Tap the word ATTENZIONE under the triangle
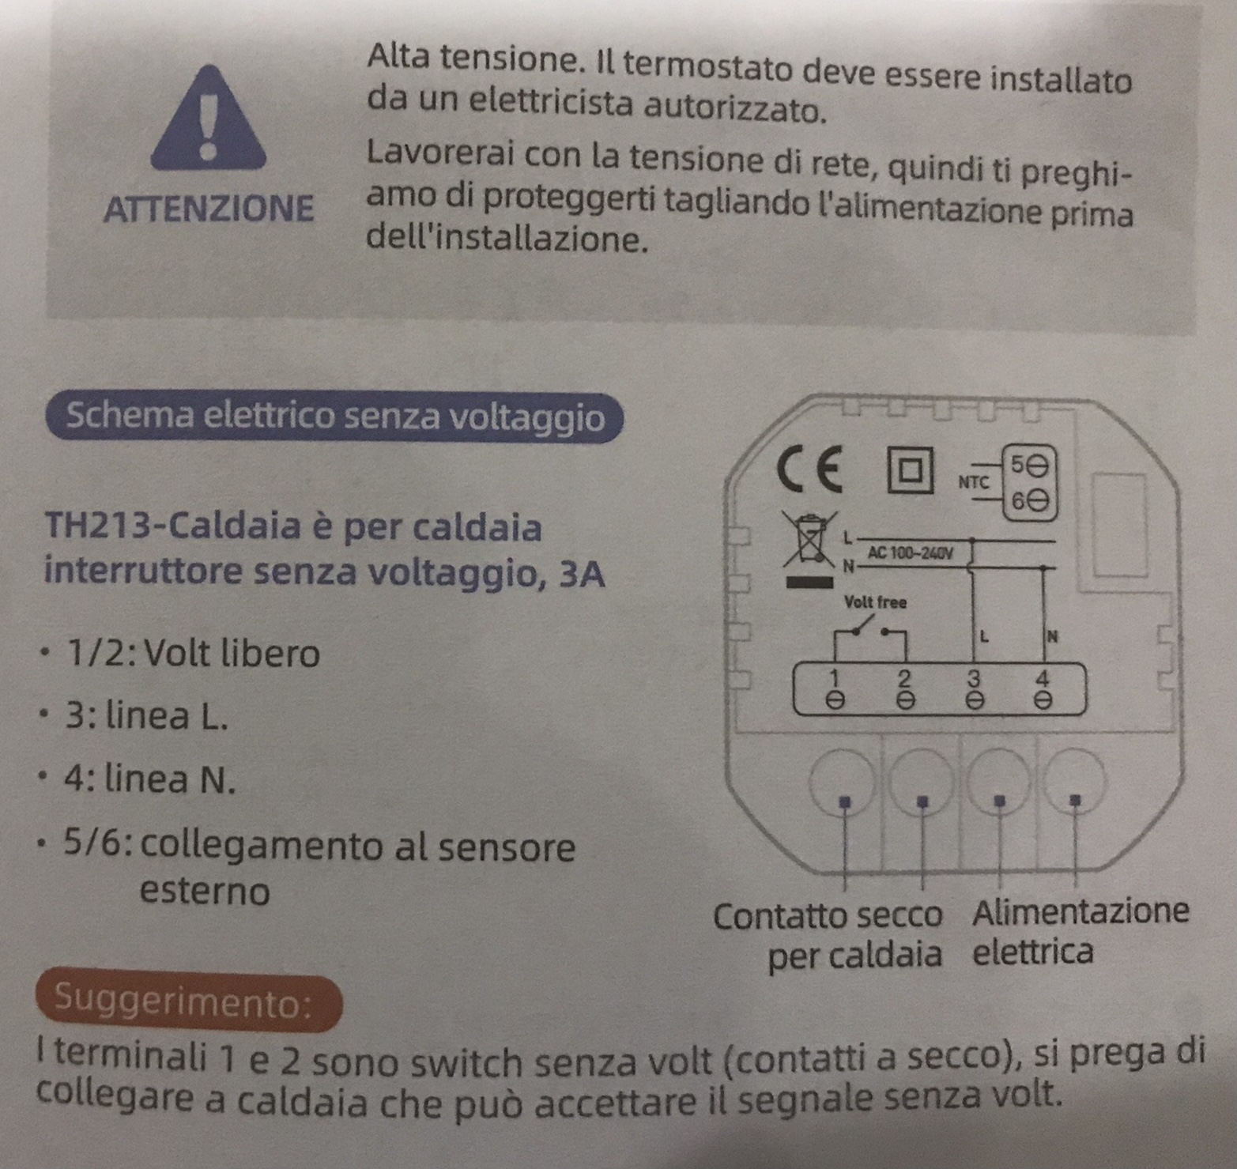(209, 209)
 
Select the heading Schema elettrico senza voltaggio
(334, 417)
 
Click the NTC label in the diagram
(974, 481)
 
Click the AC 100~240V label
(911, 552)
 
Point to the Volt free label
(876, 602)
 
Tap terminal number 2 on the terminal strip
(905, 688)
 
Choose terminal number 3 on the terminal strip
(974, 688)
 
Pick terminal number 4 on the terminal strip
(1043, 688)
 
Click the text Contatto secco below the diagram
(828, 916)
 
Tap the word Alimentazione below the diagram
(1080, 911)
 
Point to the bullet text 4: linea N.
(151, 779)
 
